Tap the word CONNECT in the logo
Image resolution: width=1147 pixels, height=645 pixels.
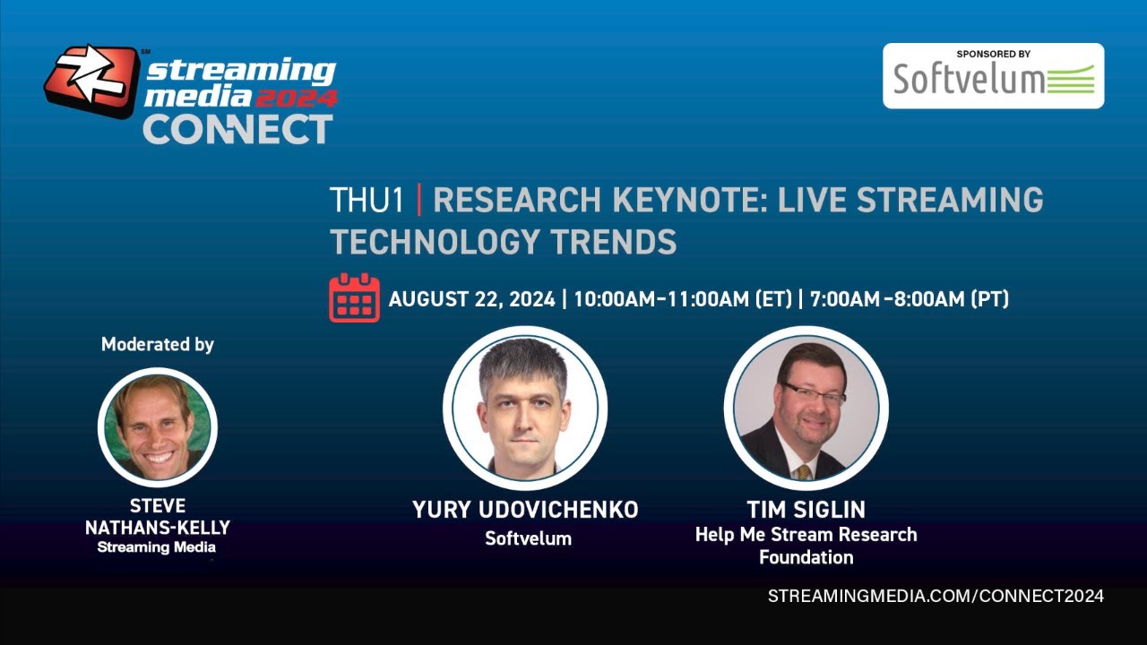tap(237, 129)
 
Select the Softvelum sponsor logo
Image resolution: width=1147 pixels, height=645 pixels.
tap(993, 80)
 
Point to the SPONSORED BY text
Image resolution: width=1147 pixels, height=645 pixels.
tap(993, 55)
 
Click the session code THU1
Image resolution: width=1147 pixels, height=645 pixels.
tap(367, 201)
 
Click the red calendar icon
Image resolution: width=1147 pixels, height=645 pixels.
tap(354, 297)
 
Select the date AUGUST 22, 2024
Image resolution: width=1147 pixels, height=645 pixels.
tap(470, 299)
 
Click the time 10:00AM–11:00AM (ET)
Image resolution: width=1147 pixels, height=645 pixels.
tap(682, 299)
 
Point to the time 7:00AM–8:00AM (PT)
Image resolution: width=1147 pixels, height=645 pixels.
tap(909, 299)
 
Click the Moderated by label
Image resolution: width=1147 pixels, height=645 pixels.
tap(158, 345)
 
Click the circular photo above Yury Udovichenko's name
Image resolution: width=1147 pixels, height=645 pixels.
tap(525, 408)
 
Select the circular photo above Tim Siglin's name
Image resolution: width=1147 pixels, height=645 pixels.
tap(806, 408)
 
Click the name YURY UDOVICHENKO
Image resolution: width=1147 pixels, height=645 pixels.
tap(525, 510)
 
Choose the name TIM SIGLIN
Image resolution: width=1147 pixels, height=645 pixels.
tap(806, 510)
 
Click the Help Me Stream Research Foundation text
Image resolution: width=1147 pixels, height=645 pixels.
tap(806, 546)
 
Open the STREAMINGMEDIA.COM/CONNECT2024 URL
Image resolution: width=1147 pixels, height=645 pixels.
tap(936, 596)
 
